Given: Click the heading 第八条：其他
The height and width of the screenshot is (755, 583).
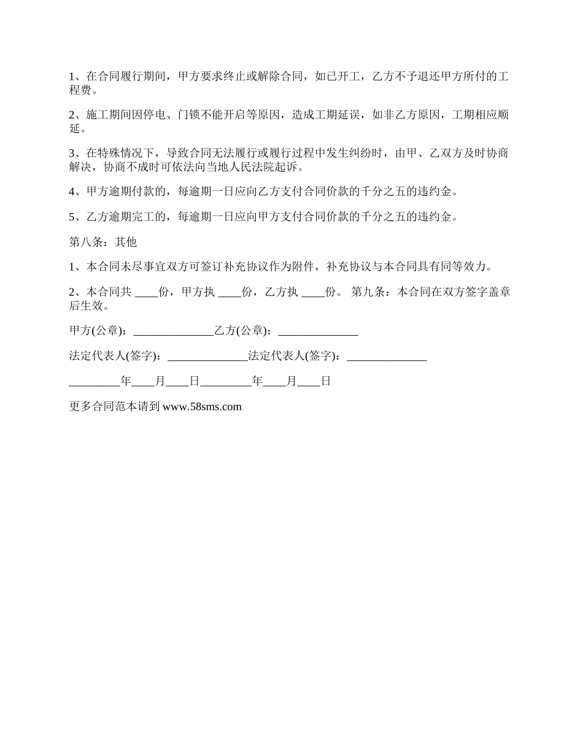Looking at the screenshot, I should click(x=102, y=242).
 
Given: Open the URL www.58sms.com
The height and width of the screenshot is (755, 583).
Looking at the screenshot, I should click(x=202, y=406).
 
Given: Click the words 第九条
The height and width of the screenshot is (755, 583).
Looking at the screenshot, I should click(x=368, y=292).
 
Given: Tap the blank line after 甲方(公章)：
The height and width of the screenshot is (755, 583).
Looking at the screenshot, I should click(x=173, y=331).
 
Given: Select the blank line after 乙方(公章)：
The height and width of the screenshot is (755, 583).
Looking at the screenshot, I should click(x=318, y=331).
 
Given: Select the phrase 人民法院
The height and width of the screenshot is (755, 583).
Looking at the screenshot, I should click(x=250, y=167).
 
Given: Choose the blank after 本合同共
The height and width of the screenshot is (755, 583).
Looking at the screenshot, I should click(x=146, y=292).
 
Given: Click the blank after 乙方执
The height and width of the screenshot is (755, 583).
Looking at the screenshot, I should click(x=314, y=292).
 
